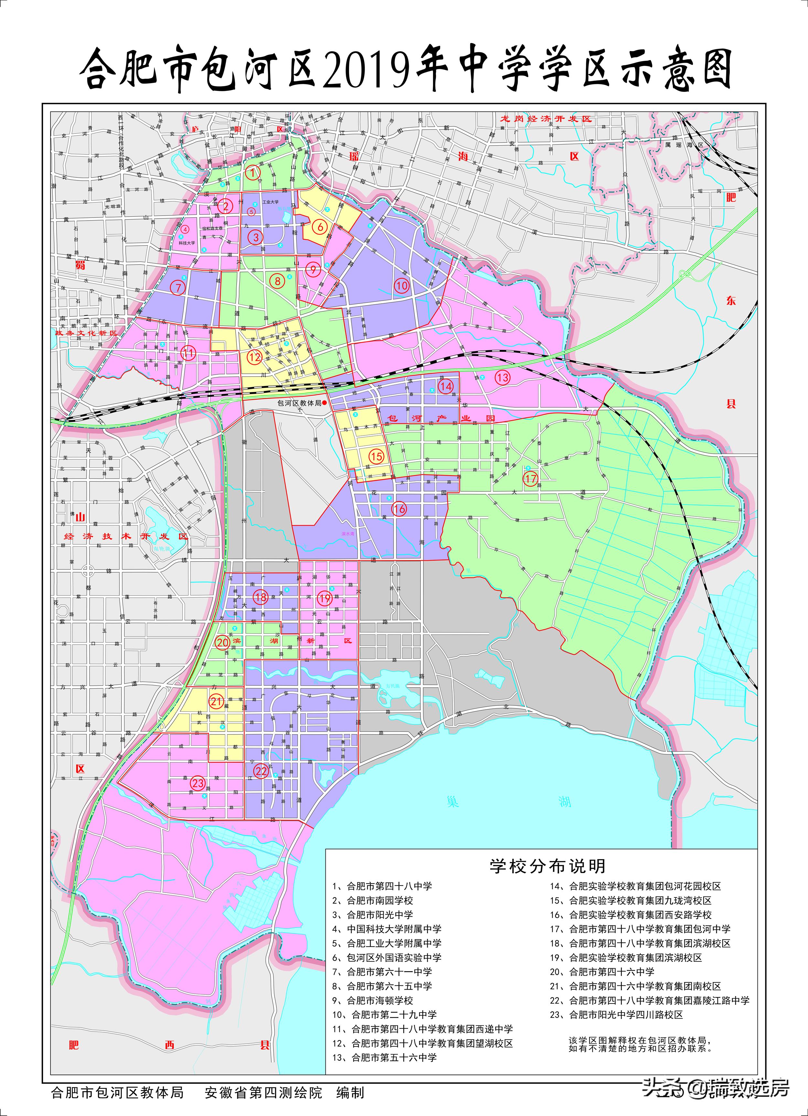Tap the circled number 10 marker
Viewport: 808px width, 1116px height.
402,285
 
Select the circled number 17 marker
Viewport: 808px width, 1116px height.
530,478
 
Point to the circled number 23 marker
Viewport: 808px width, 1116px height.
198,783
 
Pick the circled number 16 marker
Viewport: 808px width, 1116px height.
399,509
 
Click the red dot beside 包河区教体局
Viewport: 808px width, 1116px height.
324,402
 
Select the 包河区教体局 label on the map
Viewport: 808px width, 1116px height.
299,402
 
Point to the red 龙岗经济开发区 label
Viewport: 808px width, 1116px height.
546,119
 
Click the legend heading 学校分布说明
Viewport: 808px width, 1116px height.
547,865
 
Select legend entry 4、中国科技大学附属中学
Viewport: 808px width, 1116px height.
387,929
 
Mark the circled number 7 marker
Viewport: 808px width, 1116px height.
178,287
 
